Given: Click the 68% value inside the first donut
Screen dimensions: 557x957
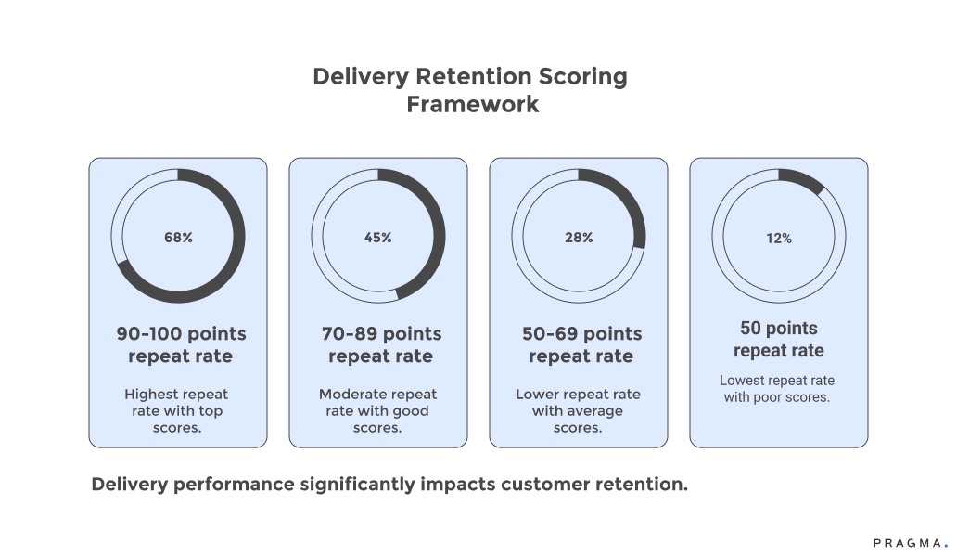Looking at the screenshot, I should (x=177, y=238).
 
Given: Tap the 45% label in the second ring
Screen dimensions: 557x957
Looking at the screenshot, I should (x=377, y=238).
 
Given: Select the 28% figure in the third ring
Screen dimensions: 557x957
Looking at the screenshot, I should (x=578, y=238).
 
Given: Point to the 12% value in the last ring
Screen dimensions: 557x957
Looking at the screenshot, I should (x=778, y=239).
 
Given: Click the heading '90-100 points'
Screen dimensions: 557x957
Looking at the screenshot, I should (x=181, y=333).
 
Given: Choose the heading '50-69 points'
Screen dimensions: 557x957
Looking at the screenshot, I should (x=581, y=333).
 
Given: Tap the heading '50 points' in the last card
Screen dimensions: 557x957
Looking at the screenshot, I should (x=779, y=328).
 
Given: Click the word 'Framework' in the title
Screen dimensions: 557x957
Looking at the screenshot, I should (x=472, y=104).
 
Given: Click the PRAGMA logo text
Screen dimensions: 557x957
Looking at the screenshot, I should (x=908, y=542).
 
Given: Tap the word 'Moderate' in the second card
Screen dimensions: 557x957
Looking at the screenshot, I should (x=351, y=394).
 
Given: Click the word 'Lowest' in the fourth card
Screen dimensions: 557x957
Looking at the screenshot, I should (x=743, y=381).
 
